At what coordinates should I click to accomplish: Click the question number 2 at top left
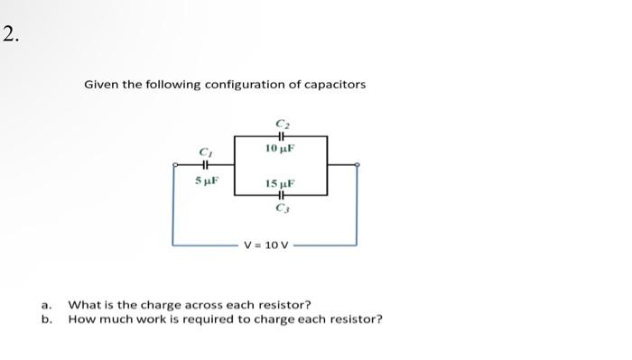(9, 35)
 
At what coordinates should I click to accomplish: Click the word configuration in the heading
(243, 84)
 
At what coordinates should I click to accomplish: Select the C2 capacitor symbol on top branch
(281, 134)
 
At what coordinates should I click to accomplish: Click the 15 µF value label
(281, 183)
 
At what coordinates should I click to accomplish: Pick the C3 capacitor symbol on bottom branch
(281, 195)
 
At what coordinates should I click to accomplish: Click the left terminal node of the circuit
(174, 165)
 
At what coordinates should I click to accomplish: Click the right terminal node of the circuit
(358, 165)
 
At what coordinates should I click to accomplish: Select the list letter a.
(46, 305)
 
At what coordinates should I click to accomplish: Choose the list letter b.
(46, 318)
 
